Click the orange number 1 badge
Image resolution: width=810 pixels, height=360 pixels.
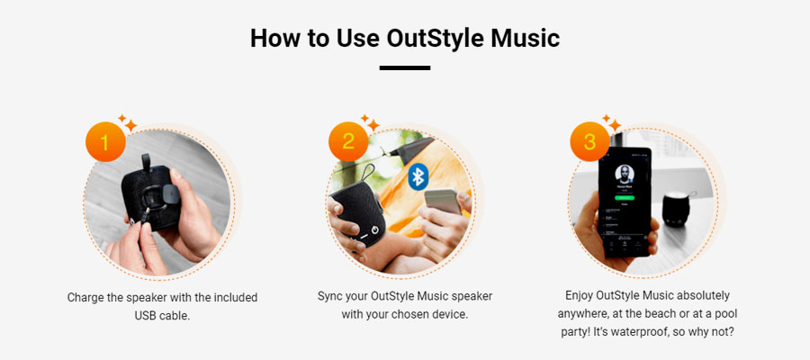click(105, 141)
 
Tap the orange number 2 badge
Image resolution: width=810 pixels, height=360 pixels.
click(348, 141)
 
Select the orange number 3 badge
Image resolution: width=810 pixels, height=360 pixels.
click(589, 141)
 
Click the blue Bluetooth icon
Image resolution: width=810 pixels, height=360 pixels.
click(418, 176)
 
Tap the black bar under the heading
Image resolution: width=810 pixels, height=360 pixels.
click(404, 67)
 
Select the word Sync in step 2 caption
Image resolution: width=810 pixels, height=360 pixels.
click(328, 296)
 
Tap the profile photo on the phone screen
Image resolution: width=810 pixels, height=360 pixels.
click(624, 174)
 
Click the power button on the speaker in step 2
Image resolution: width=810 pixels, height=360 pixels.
click(375, 229)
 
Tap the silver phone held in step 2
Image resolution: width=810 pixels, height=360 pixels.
click(443, 201)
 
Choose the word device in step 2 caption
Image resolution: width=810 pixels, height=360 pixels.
click(452, 314)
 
